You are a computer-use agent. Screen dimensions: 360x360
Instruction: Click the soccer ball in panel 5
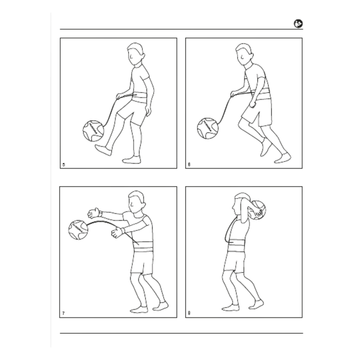[93, 130]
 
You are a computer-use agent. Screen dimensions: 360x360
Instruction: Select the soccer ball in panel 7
[78, 229]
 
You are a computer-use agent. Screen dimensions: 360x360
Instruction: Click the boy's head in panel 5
[135, 53]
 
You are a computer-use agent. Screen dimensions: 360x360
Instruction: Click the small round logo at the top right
[298, 23]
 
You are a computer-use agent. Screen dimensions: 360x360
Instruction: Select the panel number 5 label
[63, 165]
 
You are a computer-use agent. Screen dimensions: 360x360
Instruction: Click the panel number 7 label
[63, 313]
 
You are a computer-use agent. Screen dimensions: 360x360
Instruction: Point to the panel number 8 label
[189, 313]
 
